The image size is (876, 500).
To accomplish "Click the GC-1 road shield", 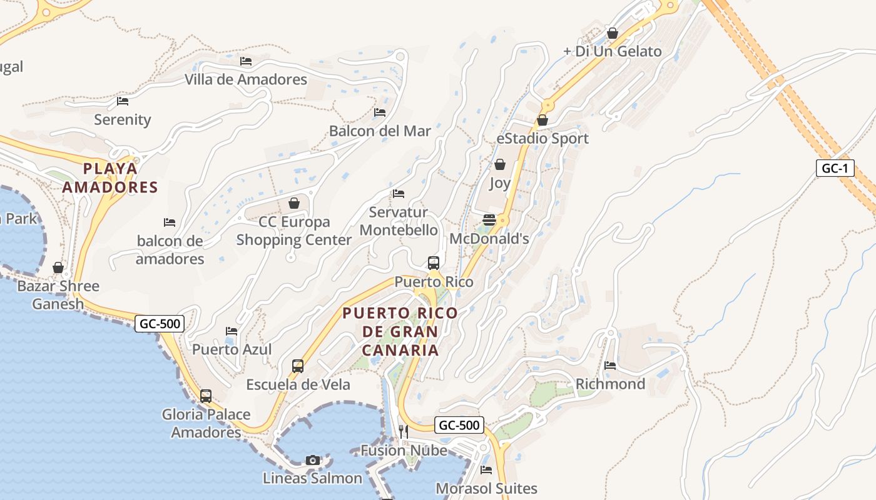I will tap(835, 168).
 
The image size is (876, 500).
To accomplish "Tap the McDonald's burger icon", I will tap(489, 220).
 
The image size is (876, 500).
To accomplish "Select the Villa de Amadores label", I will tap(245, 79).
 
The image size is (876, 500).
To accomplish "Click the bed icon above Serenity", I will tap(123, 101).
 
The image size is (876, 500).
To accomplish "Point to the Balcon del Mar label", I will tap(380, 131).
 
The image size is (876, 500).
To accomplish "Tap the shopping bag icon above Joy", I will tap(500, 164).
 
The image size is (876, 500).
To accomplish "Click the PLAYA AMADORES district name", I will tap(110, 178).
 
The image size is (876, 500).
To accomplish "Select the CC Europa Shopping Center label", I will tap(293, 231).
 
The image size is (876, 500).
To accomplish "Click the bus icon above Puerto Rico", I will tap(434, 262).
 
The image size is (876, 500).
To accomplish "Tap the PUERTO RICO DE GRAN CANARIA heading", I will tap(400, 331).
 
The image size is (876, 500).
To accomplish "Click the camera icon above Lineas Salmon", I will tap(313, 460).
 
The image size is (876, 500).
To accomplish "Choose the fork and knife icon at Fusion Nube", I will tap(404, 431).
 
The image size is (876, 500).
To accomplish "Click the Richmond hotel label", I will tap(610, 384).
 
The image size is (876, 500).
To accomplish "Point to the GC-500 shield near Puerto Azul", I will tap(160, 324).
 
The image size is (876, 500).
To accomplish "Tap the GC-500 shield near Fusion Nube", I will tap(459, 426).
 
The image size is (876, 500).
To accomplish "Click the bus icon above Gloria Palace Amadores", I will tap(206, 396).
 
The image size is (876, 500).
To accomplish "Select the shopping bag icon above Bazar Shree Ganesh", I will tap(58, 267).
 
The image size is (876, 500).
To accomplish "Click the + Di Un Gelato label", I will tap(612, 51).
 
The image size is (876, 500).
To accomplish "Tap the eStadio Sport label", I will tap(542, 138).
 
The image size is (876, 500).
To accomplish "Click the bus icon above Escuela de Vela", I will tap(298, 366).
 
